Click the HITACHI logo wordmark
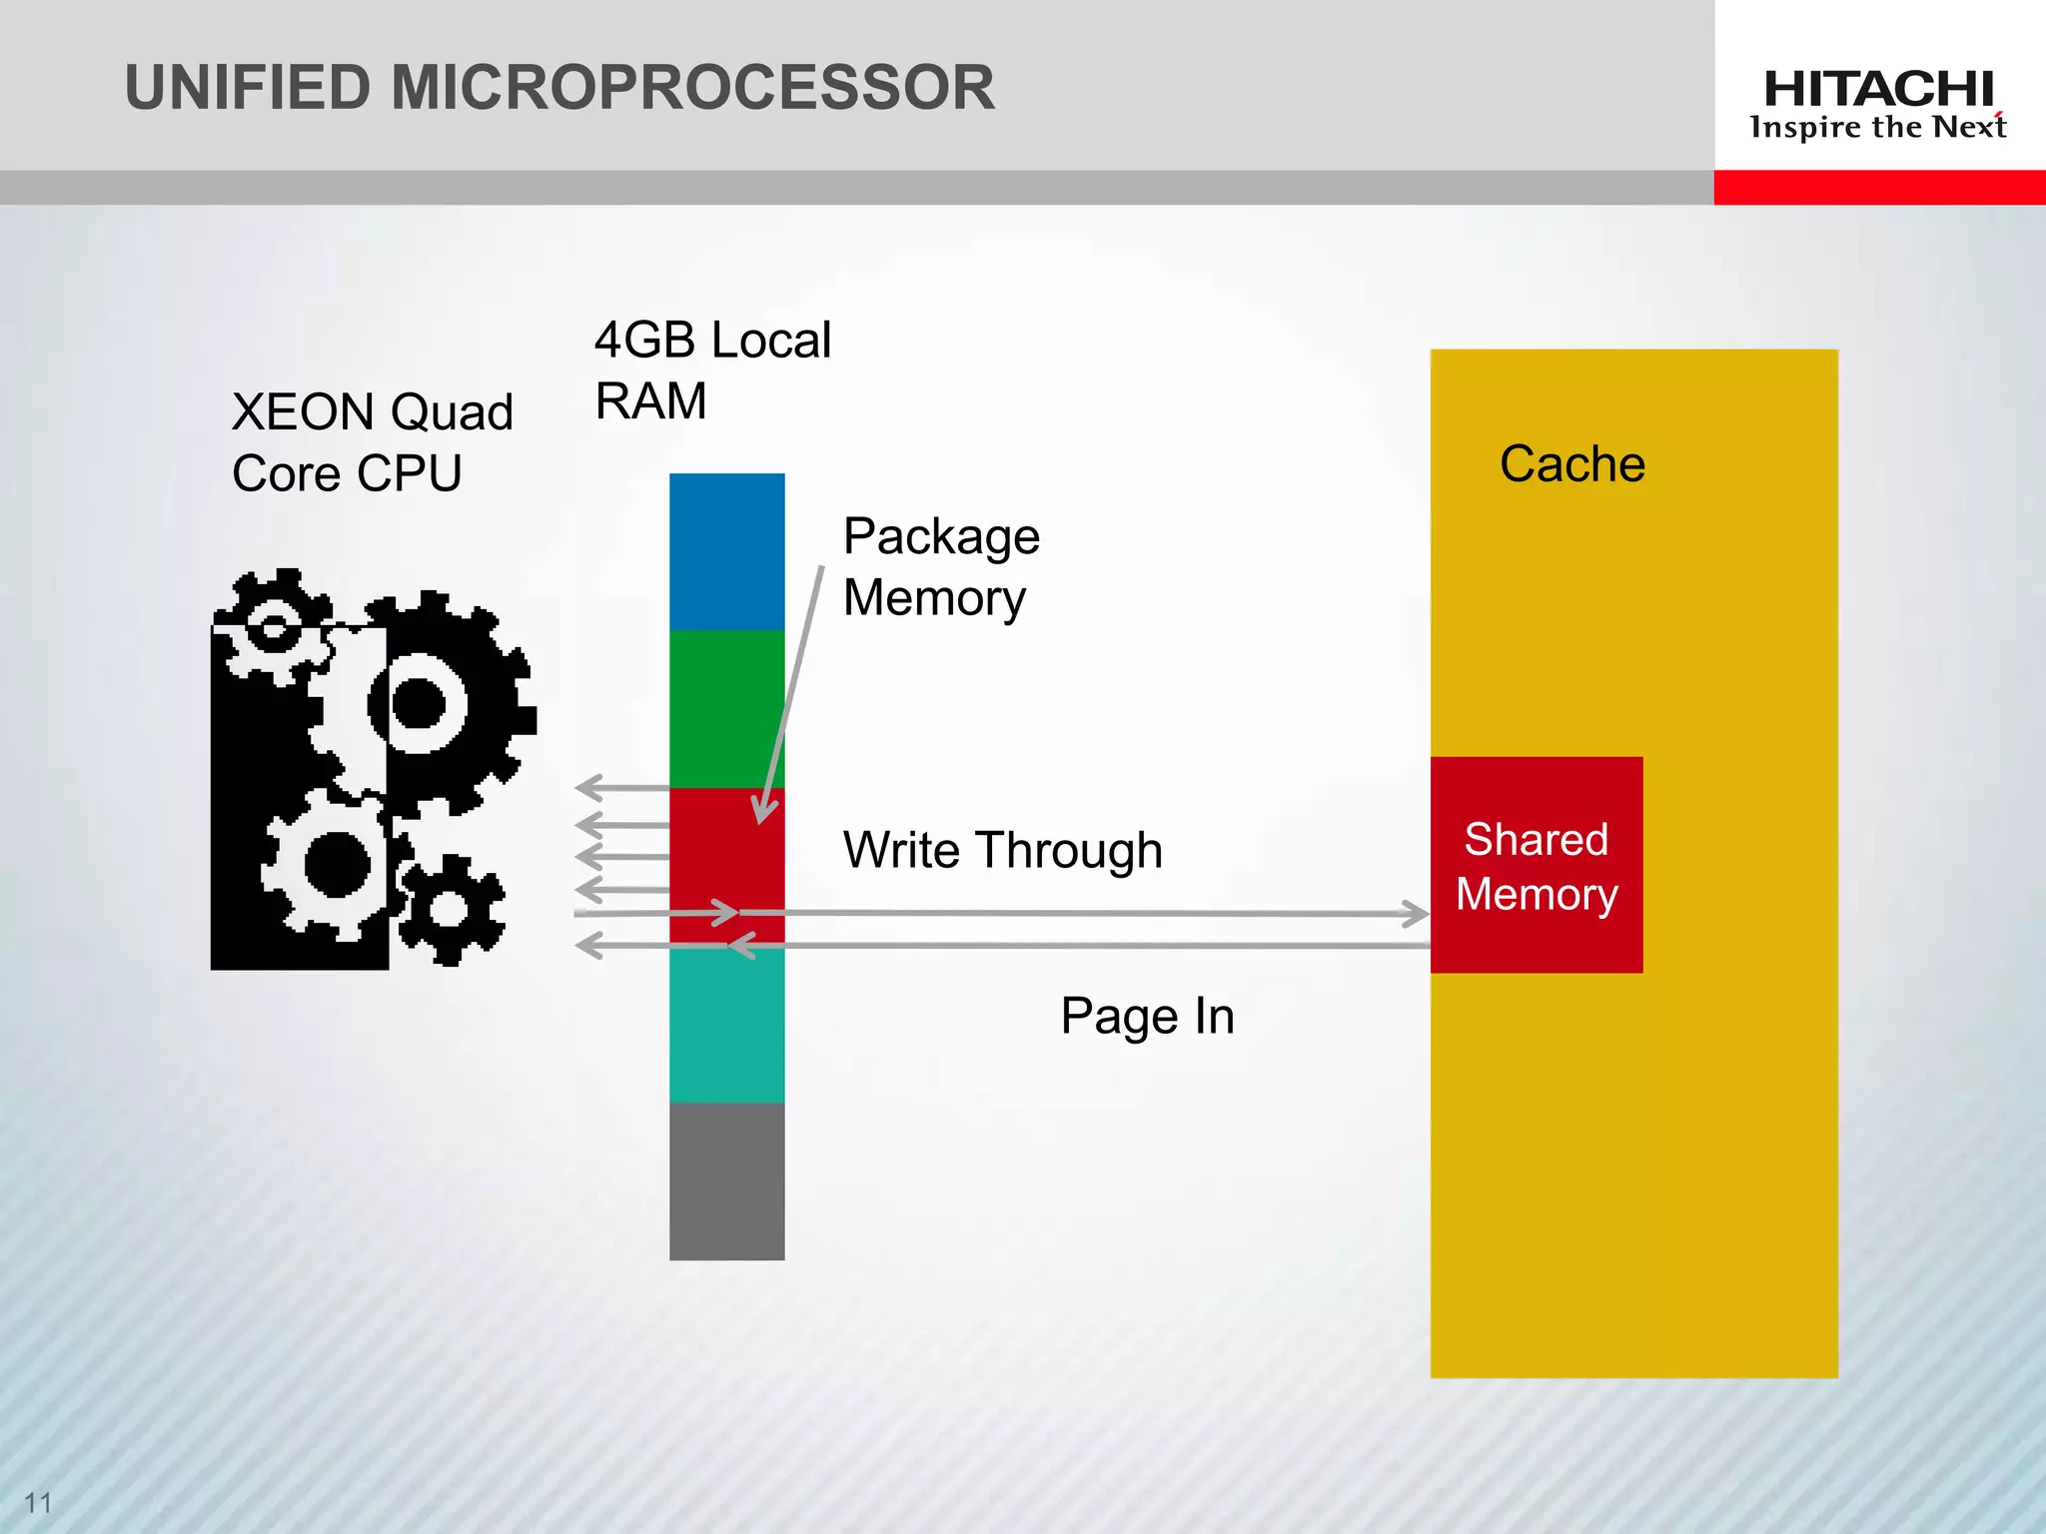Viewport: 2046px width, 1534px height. [x=1878, y=89]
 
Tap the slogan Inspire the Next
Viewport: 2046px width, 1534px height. [x=1878, y=128]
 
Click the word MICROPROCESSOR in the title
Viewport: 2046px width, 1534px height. [x=692, y=88]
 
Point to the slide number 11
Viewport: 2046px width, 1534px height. [x=38, y=1502]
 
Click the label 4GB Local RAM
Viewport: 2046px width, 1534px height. [x=711, y=370]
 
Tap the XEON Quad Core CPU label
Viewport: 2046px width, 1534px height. [x=372, y=441]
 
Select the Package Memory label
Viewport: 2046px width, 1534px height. [x=940, y=566]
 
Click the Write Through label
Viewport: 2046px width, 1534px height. [x=1002, y=850]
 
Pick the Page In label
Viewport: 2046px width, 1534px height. [x=1147, y=1016]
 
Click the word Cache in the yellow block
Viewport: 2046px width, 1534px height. [x=1571, y=464]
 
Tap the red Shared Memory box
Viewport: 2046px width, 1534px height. [x=1536, y=866]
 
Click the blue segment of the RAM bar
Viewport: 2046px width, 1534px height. [x=726, y=551]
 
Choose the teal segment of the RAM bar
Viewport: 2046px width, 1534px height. [x=726, y=1027]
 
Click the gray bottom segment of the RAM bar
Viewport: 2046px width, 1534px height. [x=726, y=1181]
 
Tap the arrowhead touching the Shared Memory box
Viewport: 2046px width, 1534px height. [x=1417, y=913]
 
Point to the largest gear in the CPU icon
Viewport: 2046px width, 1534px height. [x=420, y=704]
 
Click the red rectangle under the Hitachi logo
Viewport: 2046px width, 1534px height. [x=1878, y=187]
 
